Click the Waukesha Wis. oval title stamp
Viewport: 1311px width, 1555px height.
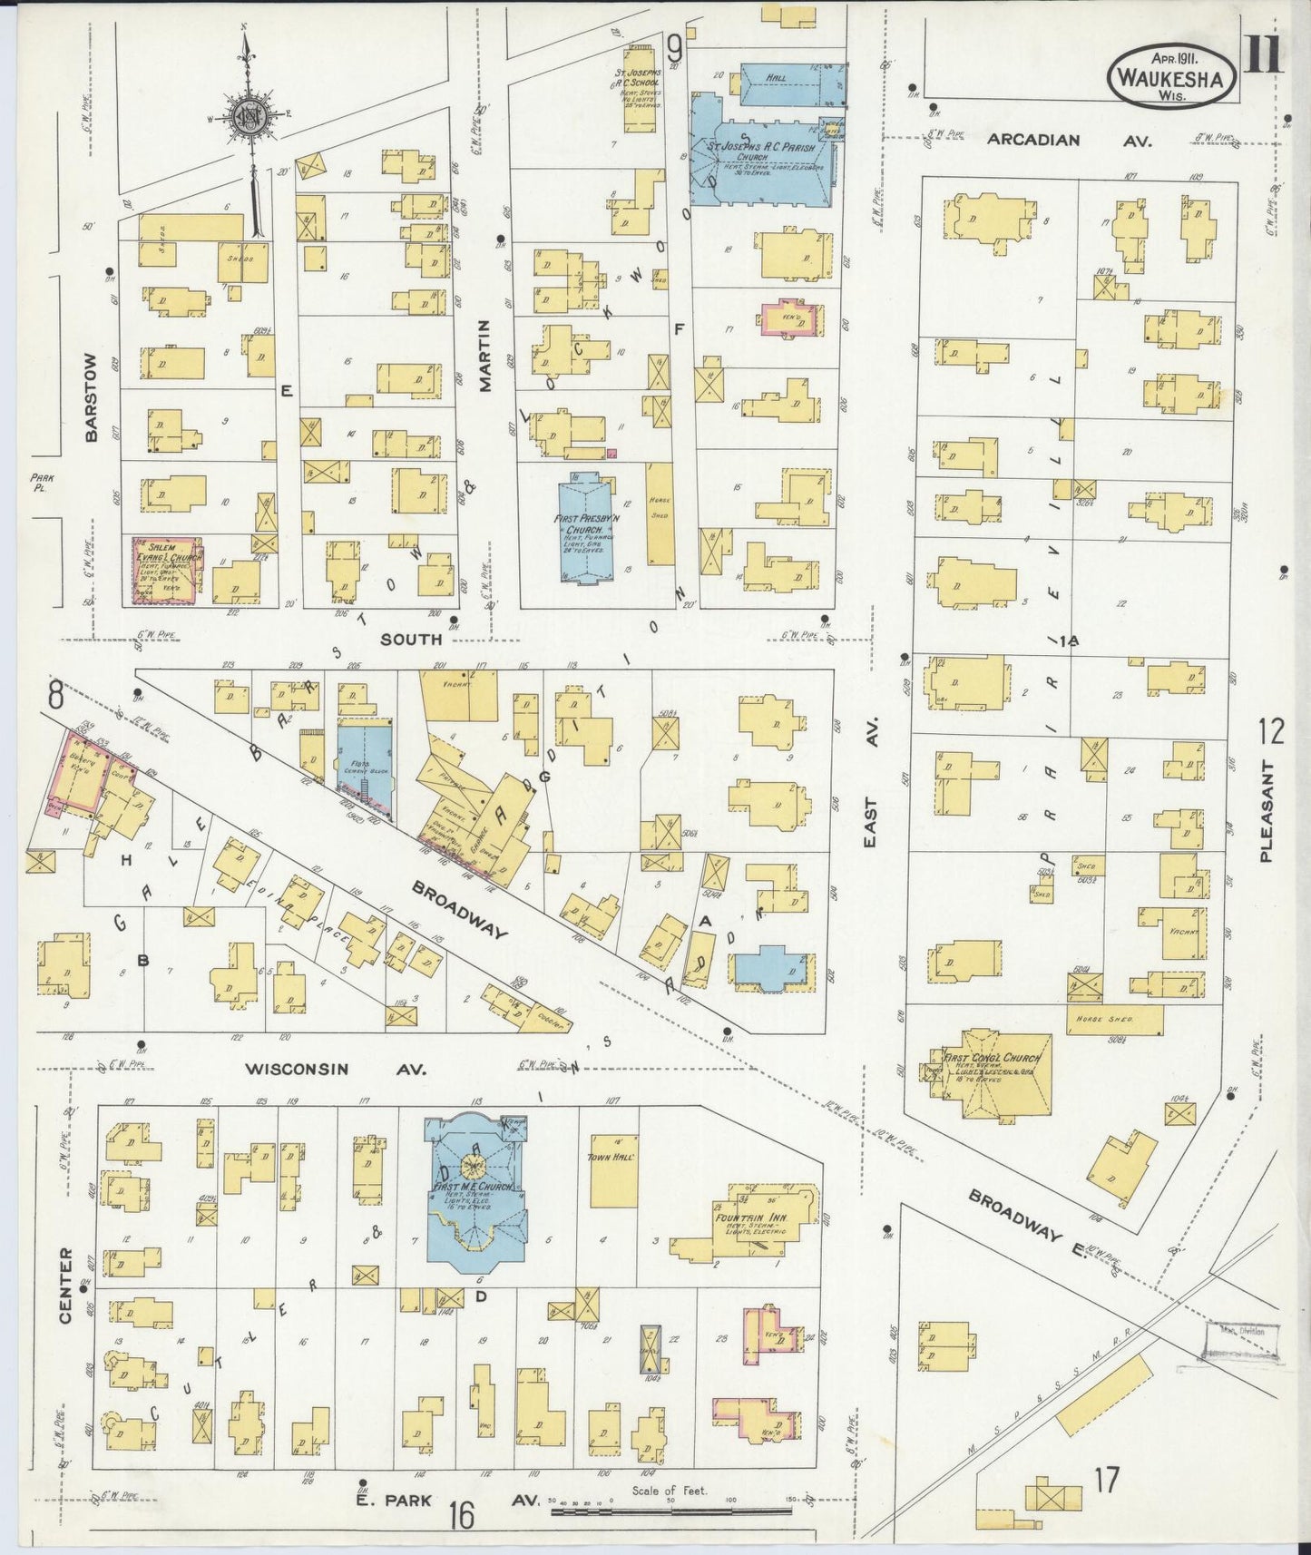(x=1171, y=73)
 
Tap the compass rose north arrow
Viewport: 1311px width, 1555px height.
(x=248, y=113)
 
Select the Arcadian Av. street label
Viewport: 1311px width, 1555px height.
(x=1045, y=140)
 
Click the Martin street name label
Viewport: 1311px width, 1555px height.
(x=485, y=356)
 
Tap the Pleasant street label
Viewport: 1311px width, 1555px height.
(x=1267, y=811)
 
